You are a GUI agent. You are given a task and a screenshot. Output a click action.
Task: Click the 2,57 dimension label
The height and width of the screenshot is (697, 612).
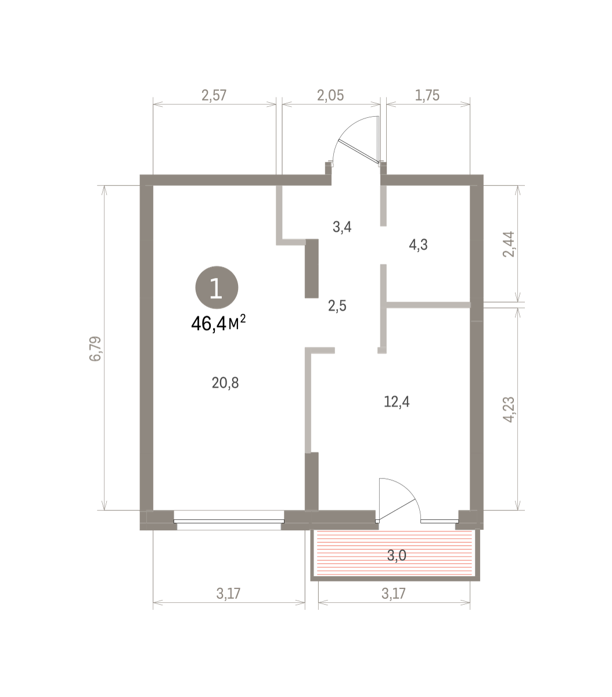214,95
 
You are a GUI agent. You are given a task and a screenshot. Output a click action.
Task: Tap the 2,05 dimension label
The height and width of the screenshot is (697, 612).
330,95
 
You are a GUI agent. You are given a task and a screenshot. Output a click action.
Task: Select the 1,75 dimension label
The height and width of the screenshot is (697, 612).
427,95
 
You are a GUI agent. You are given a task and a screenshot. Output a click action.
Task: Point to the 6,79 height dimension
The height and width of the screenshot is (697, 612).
95,348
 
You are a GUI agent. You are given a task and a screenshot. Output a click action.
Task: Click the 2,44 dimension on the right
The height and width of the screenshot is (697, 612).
509,244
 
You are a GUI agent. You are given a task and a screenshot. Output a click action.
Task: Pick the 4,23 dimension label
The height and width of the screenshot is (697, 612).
509,409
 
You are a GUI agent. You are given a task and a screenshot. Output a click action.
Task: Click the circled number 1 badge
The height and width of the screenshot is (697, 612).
217,288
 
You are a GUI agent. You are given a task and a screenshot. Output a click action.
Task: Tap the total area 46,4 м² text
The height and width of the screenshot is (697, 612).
218,324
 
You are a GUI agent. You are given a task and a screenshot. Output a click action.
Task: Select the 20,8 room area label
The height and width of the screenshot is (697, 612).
225,383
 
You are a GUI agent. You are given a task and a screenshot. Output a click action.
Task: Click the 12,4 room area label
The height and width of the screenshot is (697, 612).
397,401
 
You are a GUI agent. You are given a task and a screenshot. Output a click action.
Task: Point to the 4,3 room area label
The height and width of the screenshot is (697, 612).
418,245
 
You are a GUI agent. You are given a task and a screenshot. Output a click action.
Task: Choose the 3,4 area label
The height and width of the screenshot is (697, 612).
342,227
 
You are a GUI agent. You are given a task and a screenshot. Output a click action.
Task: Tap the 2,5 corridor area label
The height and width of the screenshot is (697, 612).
337,306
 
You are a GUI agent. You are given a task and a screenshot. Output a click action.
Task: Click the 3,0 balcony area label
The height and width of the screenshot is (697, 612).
397,555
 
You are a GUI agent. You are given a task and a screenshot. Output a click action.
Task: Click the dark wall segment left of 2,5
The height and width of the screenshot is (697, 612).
312,268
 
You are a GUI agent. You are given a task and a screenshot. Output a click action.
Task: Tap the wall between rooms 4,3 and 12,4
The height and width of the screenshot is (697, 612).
429,305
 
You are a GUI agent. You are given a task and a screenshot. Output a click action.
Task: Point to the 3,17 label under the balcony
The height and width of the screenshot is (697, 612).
394,594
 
